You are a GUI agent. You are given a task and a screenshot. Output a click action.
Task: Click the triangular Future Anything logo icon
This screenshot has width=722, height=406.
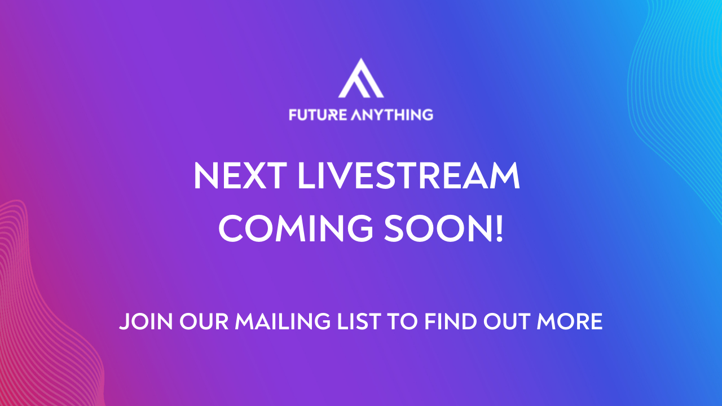pyautogui.click(x=361, y=78)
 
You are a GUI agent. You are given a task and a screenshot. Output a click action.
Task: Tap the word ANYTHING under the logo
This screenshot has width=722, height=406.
pyautogui.click(x=392, y=115)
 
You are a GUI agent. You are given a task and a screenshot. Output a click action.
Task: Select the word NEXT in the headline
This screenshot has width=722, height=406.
pyautogui.click(x=240, y=175)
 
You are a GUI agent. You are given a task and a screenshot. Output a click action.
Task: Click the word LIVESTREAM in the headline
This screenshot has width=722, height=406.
pyautogui.click(x=409, y=175)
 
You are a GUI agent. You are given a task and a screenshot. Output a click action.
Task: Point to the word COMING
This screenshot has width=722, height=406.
pyautogui.click(x=296, y=228)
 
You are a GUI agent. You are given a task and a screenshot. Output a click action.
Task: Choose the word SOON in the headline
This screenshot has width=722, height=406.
pyautogui.click(x=437, y=228)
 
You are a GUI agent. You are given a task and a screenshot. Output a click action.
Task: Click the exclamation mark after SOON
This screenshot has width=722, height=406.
pyautogui.click(x=499, y=228)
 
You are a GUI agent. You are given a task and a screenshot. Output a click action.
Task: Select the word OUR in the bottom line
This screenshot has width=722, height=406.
pyautogui.click(x=204, y=321)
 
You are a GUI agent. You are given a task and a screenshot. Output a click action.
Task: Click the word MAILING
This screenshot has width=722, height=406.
pyautogui.click(x=283, y=321)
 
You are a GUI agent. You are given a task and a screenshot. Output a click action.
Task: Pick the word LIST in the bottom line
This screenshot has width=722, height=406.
pyautogui.click(x=359, y=321)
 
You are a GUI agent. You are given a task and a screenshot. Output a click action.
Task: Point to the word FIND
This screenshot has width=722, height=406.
pyautogui.click(x=451, y=321)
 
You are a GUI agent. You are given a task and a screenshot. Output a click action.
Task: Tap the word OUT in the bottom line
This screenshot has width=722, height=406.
pyautogui.click(x=507, y=321)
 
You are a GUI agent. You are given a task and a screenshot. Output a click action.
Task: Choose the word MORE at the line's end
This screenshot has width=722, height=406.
pyautogui.click(x=570, y=321)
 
